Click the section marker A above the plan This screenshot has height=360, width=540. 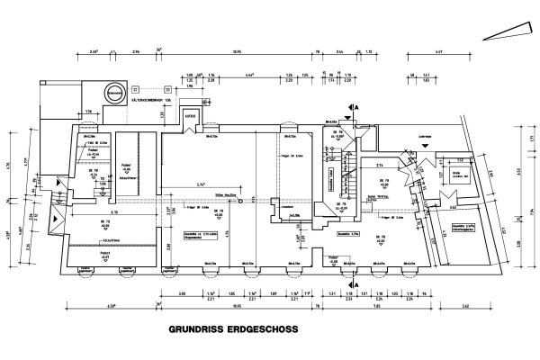(x=356, y=106)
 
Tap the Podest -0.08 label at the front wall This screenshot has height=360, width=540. (x=332, y=261)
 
